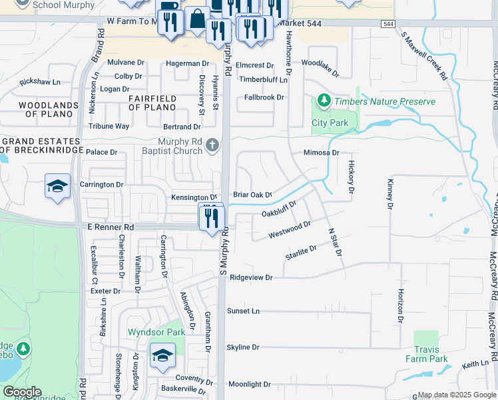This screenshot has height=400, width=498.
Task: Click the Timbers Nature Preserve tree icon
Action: tap(324, 101)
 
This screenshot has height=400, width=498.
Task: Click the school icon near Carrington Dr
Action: tap(58, 186)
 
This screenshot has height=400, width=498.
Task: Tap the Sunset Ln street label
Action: tap(243, 311)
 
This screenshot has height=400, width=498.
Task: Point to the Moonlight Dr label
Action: tap(250, 384)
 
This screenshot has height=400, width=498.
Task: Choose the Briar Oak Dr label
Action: tap(253, 195)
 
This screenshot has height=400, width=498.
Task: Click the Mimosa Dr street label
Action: tap(321, 153)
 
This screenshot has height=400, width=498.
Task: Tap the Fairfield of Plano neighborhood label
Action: tap(152, 103)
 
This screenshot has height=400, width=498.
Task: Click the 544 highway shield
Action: tap(387, 24)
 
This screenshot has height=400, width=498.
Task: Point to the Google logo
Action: tap(22, 392)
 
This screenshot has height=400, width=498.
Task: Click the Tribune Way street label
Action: tap(109, 126)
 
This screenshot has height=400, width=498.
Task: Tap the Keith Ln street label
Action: tap(475, 364)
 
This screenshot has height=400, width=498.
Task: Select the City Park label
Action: tap(330, 123)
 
